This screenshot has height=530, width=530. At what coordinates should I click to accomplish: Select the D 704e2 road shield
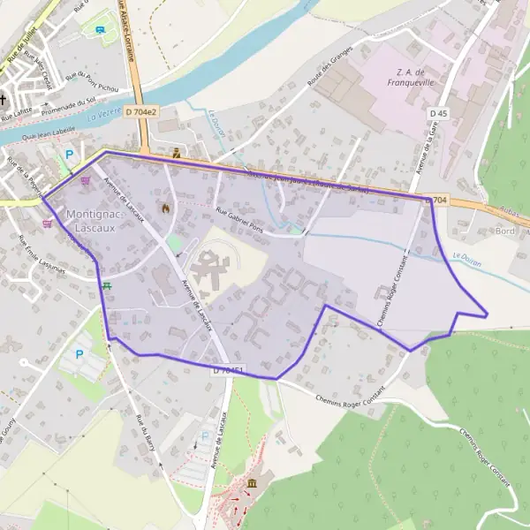(140, 112)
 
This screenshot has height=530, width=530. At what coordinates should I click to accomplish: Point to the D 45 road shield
(439, 114)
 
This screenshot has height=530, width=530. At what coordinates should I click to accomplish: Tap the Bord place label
(505, 231)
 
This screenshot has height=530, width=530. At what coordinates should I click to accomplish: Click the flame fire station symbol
(165, 208)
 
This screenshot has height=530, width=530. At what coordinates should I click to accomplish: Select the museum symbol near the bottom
(254, 483)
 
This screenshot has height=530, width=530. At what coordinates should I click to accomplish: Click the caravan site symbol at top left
(101, 29)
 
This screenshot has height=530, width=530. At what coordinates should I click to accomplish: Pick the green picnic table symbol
(107, 284)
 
